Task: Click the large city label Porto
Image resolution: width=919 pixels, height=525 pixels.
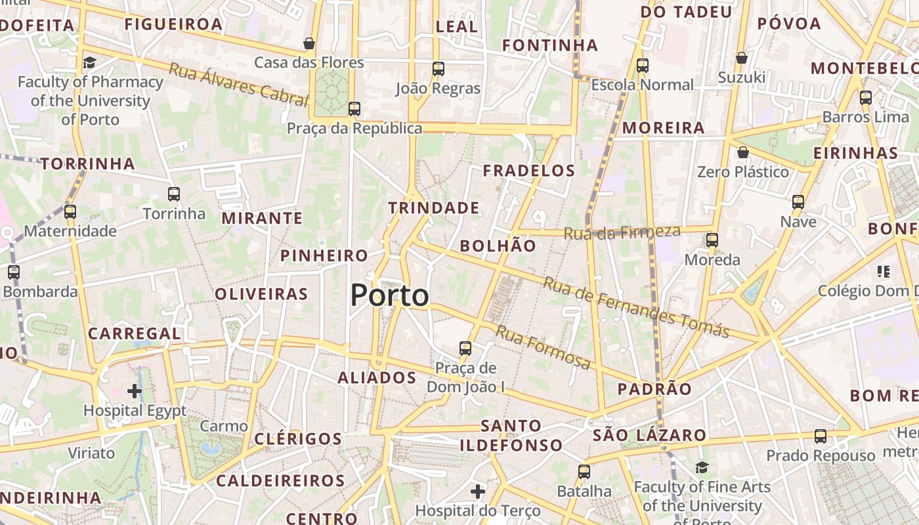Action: pyautogui.click(x=389, y=295)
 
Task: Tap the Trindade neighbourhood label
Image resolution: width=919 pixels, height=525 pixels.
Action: pyautogui.click(x=433, y=208)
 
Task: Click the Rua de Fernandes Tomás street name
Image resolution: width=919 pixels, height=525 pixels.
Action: pyautogui.click(x=636, y=307)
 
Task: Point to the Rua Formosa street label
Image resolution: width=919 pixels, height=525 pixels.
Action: pyautogui.click(x=542, y=347)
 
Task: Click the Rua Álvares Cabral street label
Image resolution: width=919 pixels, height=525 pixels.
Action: pyautogui.click(x=238, y=84)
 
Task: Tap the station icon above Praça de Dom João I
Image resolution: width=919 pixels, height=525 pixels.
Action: pyautogui.click(x=465, y=348)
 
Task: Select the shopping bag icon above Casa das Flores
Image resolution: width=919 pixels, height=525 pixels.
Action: pyautogui.click(x=309, y=43)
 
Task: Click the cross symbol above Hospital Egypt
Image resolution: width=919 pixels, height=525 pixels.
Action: pyautogui.click(x=135, y=392)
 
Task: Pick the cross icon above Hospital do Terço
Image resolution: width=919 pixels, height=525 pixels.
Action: pyautogui.click(x=478, y=491)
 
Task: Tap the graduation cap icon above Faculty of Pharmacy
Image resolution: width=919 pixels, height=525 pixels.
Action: pyautogui.click(x=89, y=62)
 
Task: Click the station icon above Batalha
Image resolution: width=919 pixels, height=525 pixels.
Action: pyautogui.click(x=584, y=471)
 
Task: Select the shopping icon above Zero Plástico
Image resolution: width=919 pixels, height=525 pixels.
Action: pyautogui.click(x=742, y=152)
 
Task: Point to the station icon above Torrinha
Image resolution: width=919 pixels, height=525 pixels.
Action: pyautogui.click(x=174, y=194)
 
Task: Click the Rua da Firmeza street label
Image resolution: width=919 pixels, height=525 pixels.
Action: pyautogui.click(x=622, y=232)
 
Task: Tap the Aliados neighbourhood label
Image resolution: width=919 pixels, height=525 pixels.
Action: pyautogui.click(x=377, y=377)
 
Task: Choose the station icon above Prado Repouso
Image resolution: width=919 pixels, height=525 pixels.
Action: pyautogui.click(x=820, y=436)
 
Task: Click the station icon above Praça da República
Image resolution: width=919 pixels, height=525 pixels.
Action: pyautogui.click(x=354, y=109)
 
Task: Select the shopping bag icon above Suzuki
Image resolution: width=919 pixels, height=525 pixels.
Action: pyautogui.click(x=741, y=58)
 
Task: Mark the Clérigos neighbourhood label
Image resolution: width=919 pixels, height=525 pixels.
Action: pyautogui.click(x=298, y=438)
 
